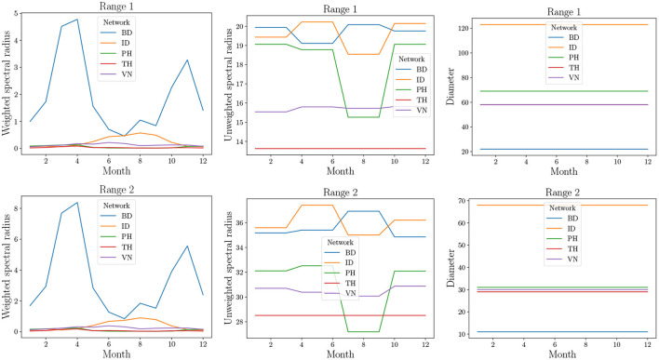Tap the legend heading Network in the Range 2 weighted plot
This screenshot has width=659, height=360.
[x=121, y=206]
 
